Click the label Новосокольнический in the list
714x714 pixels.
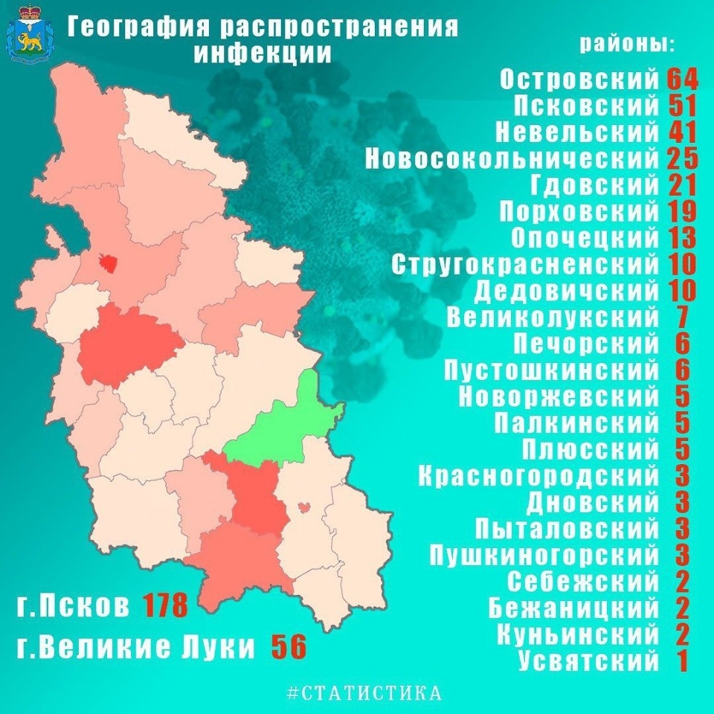coord(512,159)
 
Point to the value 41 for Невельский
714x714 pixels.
coord(681,132)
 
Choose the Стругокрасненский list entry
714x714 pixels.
coord(525,264)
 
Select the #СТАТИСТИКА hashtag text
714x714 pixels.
coord(364,693)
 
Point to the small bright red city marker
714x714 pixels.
coord(109,263)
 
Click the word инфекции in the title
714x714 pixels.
coord(263,54)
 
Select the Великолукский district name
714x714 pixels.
coord(553,318)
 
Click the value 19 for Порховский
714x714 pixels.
coord(681,212)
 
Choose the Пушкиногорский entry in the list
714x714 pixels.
coord(544,554)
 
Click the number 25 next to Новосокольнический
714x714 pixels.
coord(681,159)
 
